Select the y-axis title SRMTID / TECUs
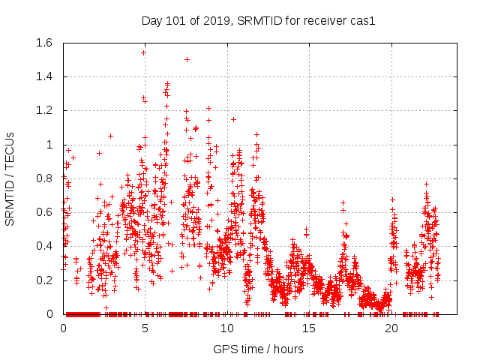10,178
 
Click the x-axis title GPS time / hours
258,349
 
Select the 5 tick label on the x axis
145,328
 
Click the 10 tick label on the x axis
227,328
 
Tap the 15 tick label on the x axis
310,328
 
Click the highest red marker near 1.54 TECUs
143,52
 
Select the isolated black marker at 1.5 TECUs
187,59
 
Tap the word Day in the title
152,21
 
